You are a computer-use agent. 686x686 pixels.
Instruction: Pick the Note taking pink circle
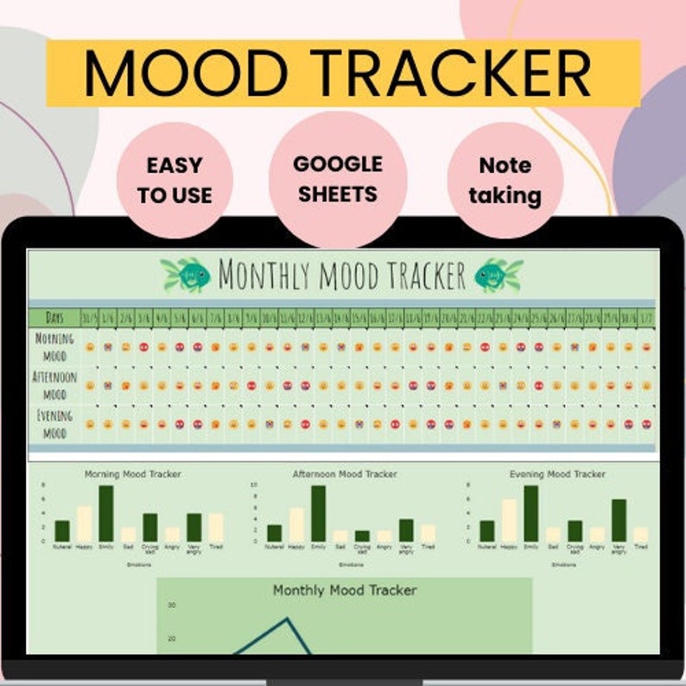point(505,180)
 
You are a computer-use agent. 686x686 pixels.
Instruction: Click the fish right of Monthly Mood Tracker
point(499,275)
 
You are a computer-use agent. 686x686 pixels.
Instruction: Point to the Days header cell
point(54,318)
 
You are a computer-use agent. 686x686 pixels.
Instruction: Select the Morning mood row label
point(54,346)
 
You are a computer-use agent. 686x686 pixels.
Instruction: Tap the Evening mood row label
point(54,424)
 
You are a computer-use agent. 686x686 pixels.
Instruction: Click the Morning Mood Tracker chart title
point(133,474)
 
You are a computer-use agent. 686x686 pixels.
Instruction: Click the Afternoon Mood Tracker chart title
point(345,474)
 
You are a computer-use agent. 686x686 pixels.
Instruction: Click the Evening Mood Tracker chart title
point(557,474)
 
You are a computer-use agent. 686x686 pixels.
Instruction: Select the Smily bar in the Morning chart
point(106,514)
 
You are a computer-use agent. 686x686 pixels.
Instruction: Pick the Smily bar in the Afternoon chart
point(318,514)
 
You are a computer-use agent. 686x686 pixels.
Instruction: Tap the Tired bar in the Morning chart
point(215,528)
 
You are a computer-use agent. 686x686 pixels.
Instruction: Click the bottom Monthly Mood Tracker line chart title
point(345,591)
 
